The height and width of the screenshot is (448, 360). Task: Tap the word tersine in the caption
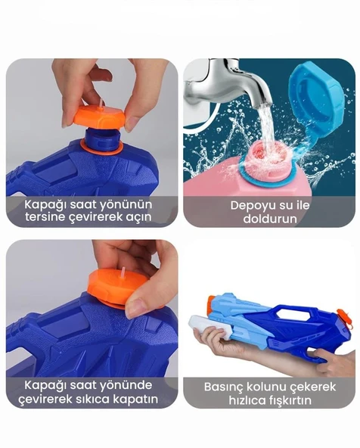point(45,218)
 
